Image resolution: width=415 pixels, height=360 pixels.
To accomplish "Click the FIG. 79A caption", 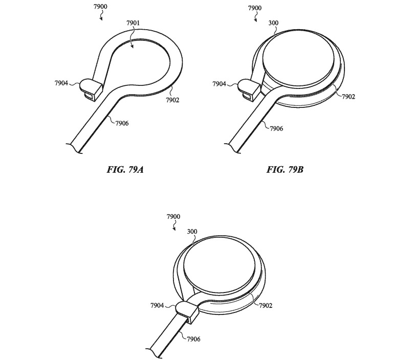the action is pos(125,170).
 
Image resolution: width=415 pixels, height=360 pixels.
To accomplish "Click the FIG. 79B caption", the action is pos(285,170).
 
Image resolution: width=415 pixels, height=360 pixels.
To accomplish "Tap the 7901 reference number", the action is pos(133,23).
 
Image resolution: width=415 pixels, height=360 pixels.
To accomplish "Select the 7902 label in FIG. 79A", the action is pos(172,100).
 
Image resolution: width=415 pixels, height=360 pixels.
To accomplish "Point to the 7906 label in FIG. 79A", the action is pos(122,123).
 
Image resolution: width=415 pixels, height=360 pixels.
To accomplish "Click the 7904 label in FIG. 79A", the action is pos(61,83).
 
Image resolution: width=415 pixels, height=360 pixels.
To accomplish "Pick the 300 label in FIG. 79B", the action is pos(273,23).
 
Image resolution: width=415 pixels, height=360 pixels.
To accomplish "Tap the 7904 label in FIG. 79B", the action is pos(220,84).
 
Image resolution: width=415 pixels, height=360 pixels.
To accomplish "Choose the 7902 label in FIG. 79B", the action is pos(348,97).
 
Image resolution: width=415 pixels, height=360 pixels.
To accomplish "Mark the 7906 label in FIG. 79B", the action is pos(276,128).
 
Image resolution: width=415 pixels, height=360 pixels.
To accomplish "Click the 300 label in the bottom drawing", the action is pos(192,232).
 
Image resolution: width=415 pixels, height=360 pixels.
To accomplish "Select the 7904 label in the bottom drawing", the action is pos(158,305).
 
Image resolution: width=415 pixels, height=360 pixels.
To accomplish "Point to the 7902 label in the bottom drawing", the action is pos(266,305).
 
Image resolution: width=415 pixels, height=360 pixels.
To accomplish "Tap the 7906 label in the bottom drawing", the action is pos(193,339).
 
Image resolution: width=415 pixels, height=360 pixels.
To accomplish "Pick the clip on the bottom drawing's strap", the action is pos(187,312).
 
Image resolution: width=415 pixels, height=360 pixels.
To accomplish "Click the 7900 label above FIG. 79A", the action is pos(101,7).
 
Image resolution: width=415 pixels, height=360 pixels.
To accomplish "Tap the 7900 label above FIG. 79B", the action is pos(255,8).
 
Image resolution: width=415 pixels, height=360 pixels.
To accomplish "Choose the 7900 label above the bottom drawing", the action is pos(173,217).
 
